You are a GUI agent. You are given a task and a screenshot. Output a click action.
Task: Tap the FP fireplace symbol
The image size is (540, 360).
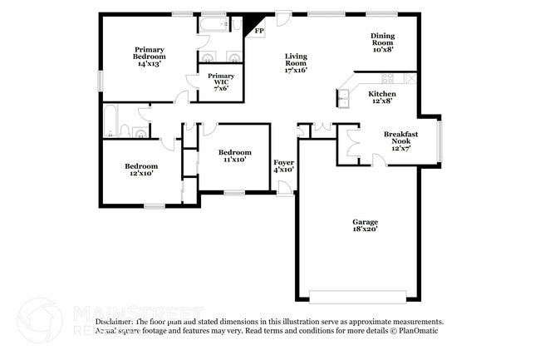pos(259,31)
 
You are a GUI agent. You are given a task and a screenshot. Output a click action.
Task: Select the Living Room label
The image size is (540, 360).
pos(297,62)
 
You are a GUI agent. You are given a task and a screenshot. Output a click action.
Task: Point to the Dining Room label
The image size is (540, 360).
pos(382,42)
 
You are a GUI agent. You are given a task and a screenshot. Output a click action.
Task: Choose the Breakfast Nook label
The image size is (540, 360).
pos(400,141)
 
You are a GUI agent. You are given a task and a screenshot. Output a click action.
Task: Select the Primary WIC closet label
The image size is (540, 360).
pos(221,80)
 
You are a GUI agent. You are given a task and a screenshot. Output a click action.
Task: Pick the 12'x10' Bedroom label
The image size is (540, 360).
pos(140,170)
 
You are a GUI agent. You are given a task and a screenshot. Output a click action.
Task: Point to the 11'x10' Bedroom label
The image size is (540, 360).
pos(235,156)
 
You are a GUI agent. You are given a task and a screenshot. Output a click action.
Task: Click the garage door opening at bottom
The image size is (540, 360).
pos(357,296)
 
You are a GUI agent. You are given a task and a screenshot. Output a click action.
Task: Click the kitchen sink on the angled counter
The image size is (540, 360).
pos(343,100)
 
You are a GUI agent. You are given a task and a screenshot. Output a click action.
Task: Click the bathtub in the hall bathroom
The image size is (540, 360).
pos(110,121)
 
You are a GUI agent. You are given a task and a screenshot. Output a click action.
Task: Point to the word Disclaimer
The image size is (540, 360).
pos(115,321)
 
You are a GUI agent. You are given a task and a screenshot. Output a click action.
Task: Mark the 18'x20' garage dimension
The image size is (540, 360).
pos(365,232)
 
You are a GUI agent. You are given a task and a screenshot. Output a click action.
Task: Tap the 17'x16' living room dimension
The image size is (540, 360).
pos(297,71)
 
